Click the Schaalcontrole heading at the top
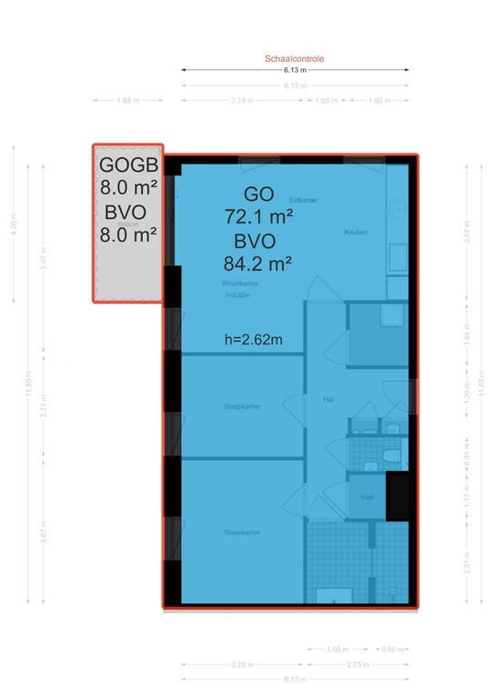[295, 58]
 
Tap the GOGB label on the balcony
[129, 165]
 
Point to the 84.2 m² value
[257, 264]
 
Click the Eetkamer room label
[303, 200]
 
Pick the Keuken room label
[356, 233]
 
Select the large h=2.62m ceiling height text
[253, 340]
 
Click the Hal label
[327, 398]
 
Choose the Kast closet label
[367, 497]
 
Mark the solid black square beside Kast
[398, 496]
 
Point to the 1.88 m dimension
[128, 101]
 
